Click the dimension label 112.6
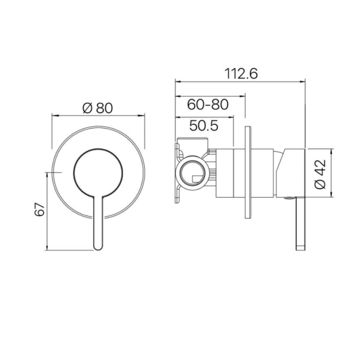tap(241, 74)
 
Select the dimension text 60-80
tap(208, 105)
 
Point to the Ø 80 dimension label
tap(98, 108)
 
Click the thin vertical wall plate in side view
tap(248, 172)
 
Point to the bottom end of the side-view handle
tap(300, 247)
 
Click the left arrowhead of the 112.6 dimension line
tap(177, 81)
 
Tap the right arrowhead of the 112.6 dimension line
tap(303, 81)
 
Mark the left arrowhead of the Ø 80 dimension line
tap(53, 115)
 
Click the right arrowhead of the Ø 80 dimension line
tap(143, 115)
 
